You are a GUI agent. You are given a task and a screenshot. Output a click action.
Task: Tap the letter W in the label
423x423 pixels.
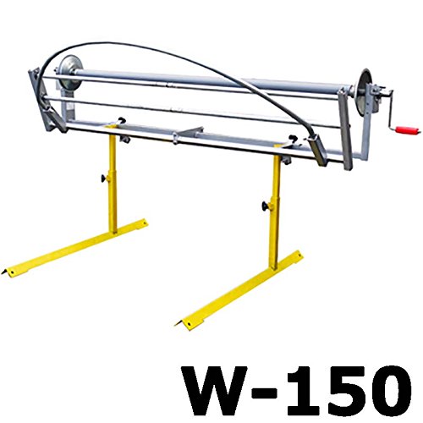pos(214,390)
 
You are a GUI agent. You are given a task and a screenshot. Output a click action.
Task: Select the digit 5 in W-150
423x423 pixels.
pos(343,390)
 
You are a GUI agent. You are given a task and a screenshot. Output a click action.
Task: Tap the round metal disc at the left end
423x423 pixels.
pos(69,72)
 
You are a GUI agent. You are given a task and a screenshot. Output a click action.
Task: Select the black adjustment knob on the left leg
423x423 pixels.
pos(104,178)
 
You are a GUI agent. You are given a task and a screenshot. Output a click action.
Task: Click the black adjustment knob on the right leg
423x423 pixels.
pos(266,206)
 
